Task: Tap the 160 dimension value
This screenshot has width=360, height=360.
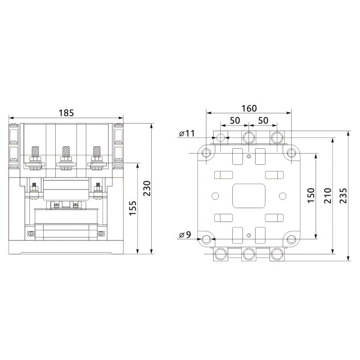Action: coord(248,109)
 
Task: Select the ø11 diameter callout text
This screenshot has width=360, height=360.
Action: coord(187,134)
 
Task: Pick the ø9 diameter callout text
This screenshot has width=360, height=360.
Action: coord(185,235)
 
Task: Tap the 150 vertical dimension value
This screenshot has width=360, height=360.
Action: coord(311,196)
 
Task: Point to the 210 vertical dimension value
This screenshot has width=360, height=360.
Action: coord(327,196)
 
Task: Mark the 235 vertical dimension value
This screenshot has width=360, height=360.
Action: coord(343,196)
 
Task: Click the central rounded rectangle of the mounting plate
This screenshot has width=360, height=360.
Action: coord(248,196)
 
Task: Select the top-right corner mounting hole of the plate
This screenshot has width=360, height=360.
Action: coord(291,152)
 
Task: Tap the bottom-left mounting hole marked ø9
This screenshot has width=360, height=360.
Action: coord(206,241)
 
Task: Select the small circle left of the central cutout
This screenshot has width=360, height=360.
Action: coord(215,196)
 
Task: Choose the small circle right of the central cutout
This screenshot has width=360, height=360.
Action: coord(283,196)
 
